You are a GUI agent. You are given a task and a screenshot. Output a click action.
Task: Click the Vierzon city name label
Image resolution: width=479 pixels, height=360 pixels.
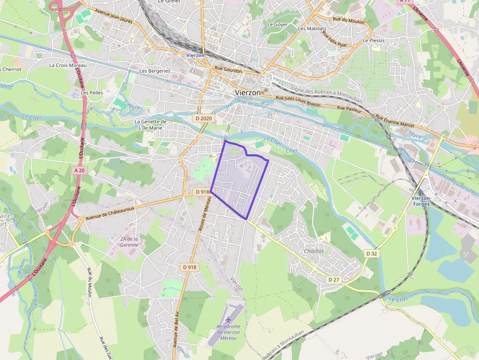pyautogui.click(x=247, y=92)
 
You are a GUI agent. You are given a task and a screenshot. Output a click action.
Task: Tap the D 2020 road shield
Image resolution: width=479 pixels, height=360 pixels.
pyautogui.click(x=203, y=118)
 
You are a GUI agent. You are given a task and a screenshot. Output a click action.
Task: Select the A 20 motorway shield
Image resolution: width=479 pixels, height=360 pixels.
pyautogui.click(x=80, y=170)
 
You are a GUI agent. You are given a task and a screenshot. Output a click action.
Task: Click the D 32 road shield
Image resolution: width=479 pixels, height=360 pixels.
pyautogui.click(x=372, y=254)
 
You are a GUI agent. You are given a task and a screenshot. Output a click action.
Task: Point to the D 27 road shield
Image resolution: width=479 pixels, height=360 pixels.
pyautogui.click(x=334, y=279)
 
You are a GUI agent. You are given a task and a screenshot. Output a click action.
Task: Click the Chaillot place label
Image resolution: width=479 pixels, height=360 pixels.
pyautogui.click(x=314, y=251)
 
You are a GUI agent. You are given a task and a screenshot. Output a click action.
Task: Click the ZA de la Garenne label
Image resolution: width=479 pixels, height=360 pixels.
pyautogui.click(x=129, y=242)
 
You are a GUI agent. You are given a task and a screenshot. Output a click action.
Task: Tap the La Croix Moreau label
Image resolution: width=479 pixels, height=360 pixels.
pyautogui.click(x=68, y=65)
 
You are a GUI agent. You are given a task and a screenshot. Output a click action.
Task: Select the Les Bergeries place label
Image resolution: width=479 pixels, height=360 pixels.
pyautogui.click(x=155, y=71)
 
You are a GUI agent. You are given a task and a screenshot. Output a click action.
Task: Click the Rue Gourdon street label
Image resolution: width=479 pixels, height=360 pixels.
pyautogui.click(x=228, y=70)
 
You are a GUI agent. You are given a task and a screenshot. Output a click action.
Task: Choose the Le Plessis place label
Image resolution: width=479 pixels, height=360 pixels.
pyautogui.click(x=373, y=41)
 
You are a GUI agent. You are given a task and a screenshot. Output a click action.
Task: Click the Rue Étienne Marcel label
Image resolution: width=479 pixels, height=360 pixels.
pyautogui.click(x=394, y=121)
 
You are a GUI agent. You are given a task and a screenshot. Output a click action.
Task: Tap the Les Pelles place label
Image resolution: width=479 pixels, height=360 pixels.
pyautogui.click(x=92, y=92)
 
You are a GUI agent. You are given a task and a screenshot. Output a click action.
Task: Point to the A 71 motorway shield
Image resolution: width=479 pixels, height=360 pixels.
pyautogui.click(x=404, y=1)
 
